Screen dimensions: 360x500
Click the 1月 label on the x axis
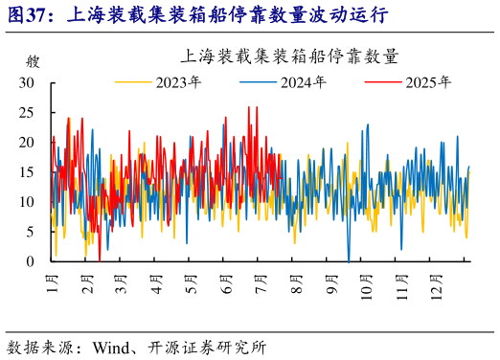click(53, 283)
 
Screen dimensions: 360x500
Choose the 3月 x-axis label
click(122, 283)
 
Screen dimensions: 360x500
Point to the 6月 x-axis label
click(226, 283)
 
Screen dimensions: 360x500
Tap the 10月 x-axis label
click(366, 285)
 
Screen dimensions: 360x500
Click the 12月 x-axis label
click(436, 285)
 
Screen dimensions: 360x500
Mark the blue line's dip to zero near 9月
click(349, 259)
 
